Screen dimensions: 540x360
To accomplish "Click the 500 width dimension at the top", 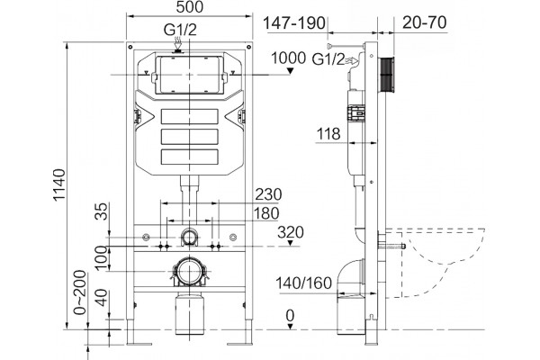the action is [x=190, y=7].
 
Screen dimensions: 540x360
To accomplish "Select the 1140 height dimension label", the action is [x=59, y=184].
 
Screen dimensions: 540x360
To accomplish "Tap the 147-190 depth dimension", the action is [x=293, y=23].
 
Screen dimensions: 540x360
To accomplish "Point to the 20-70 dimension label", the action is [x=424, y=22].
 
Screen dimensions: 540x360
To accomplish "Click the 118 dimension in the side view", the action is [x=328, y=134].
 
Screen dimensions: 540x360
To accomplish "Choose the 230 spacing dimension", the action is [x=268, y=194].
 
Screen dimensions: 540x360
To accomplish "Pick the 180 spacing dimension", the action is [x=266, y=213].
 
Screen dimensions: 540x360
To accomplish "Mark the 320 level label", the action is [x=291, y=232].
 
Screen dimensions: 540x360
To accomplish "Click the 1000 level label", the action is [x=289, y=58].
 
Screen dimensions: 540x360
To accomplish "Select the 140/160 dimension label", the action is [x=304, y=283].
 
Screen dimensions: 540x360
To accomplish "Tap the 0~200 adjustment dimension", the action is [x=80, y=292].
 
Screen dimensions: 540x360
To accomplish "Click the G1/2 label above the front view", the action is [x=180, y=30].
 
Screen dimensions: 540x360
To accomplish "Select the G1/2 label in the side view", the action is [x=328, y=59].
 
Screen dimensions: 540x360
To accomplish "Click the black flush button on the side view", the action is [x=387, y=75].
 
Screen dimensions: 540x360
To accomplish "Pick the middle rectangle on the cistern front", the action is [x=190, y=137].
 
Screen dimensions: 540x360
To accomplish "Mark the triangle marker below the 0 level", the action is [x=291, y=326].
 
